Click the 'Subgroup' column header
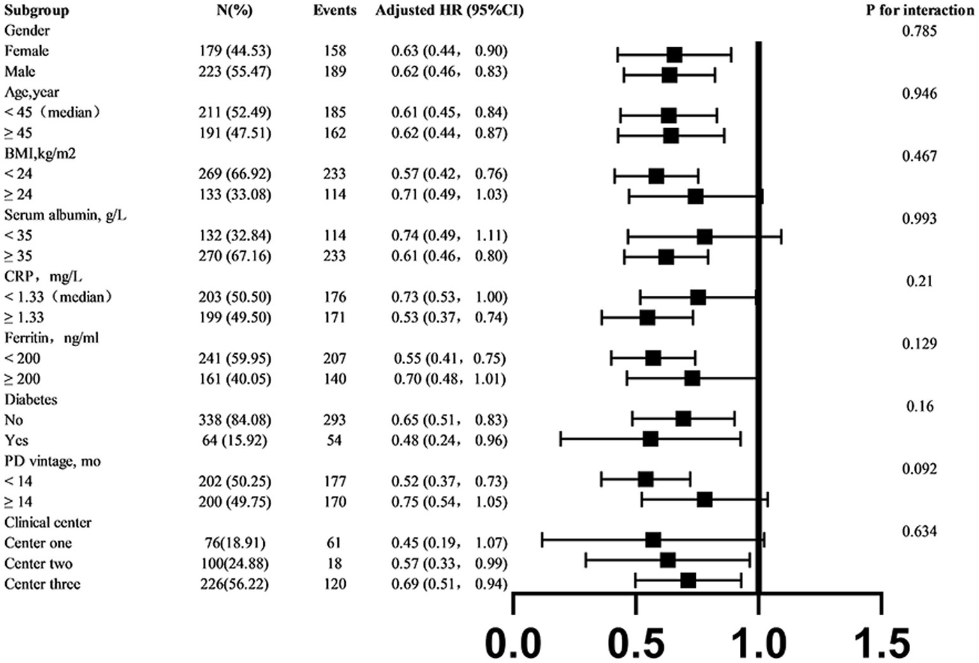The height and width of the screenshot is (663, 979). coord(36,10)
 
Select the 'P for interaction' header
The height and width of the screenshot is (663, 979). coord(919,10)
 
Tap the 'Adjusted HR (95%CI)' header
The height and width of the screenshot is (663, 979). coord(449,10)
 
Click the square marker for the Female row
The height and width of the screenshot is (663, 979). coord(674,55)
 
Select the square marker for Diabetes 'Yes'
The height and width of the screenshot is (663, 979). coord(651,439)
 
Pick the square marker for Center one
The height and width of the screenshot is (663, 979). coord(652,540)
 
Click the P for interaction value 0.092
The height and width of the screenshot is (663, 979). coord(919,469)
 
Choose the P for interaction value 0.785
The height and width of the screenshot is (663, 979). coord(919,31)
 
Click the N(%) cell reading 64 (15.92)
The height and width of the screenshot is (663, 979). coord(234,441)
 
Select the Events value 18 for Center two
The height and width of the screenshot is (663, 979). coord(334,564)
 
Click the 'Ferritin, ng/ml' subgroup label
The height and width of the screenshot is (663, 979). coord(52,338)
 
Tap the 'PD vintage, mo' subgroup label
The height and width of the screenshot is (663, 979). coord(52,461)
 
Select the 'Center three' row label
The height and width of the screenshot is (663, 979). coord(42,584)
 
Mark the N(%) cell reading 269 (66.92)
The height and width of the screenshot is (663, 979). coord(234,174)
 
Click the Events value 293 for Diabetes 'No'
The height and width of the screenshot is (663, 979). coord(334,420)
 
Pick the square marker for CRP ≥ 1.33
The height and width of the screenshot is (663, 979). coord(647,317)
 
